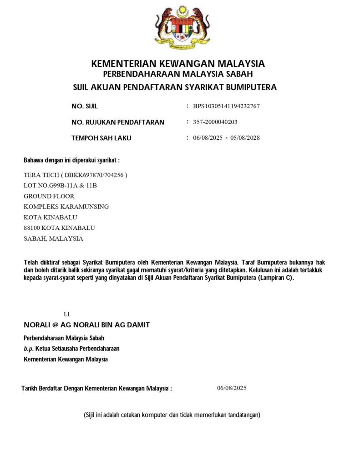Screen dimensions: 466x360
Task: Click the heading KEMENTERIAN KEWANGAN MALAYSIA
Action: (178, 63)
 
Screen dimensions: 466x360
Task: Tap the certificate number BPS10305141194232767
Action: (226, 106)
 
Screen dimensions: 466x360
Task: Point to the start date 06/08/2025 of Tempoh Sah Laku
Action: (208, 138)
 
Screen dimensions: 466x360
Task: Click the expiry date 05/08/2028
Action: (245, 138)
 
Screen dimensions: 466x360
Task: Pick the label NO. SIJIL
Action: (85, 106)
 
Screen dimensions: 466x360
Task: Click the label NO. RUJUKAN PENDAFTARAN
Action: (118, 122)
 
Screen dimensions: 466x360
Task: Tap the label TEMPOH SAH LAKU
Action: (101, 138)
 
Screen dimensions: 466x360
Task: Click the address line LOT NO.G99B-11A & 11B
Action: (60, 185)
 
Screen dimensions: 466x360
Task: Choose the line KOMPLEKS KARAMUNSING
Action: (66, 207)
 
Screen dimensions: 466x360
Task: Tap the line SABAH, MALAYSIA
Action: (53, 238)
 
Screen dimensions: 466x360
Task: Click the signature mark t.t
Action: (66, 314)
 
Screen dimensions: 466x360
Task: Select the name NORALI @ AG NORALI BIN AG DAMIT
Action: (86, 325)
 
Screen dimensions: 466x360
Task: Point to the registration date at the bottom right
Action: (232, 388)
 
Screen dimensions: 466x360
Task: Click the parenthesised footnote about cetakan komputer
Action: (172, 415)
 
